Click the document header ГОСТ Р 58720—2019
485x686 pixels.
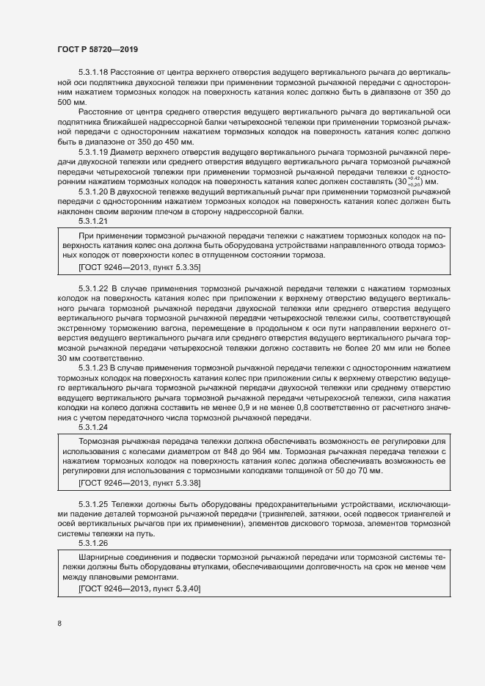(x=98, y=48)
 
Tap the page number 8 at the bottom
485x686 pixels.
(x=59, y=624)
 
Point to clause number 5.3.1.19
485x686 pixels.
(x=93, y=151)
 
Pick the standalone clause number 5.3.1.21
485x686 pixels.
(x=93, y=220)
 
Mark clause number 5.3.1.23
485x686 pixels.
(x=93, y=367)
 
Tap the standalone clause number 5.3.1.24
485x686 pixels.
(x=93, y=426)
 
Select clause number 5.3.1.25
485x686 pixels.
(x=93, y=506)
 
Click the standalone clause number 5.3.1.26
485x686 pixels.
(x=93, y=544)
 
